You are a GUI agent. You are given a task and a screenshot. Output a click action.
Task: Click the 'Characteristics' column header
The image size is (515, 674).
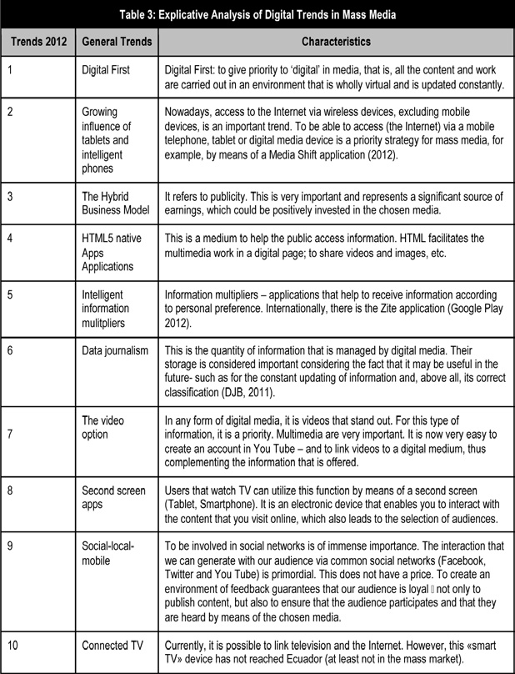click(336, 40)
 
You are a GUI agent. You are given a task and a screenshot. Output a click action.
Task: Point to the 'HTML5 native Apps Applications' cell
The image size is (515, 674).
click(112, 253)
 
